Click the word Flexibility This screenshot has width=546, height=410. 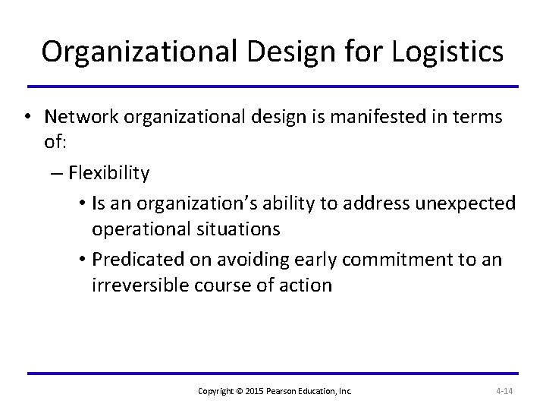(x=108, y=173)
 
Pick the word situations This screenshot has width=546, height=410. (x=240, y=229)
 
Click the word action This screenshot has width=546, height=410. (x=306, y=285)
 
